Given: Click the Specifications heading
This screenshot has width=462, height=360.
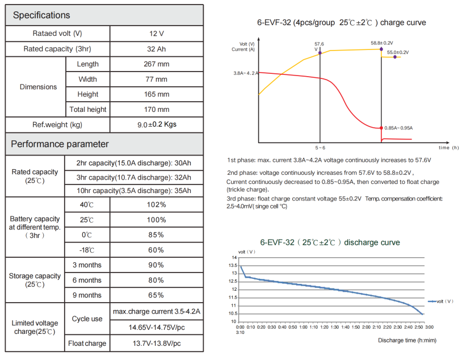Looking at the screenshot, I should (41, 15).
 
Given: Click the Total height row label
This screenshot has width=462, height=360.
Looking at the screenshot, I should (87, 109).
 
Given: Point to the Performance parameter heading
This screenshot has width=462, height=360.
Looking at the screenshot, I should (60, 144).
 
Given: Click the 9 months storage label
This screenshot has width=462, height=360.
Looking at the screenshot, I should (87, 295).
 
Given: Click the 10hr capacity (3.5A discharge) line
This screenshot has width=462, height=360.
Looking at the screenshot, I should (133, 190).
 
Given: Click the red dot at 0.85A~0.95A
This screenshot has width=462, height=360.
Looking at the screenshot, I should (381, 128).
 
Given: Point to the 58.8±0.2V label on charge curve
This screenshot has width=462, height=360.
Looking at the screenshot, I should (382, 43).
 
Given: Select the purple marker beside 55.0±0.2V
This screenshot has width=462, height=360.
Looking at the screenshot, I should (395, 57).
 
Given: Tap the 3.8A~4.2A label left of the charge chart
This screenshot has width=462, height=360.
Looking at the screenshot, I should (245, 73).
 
